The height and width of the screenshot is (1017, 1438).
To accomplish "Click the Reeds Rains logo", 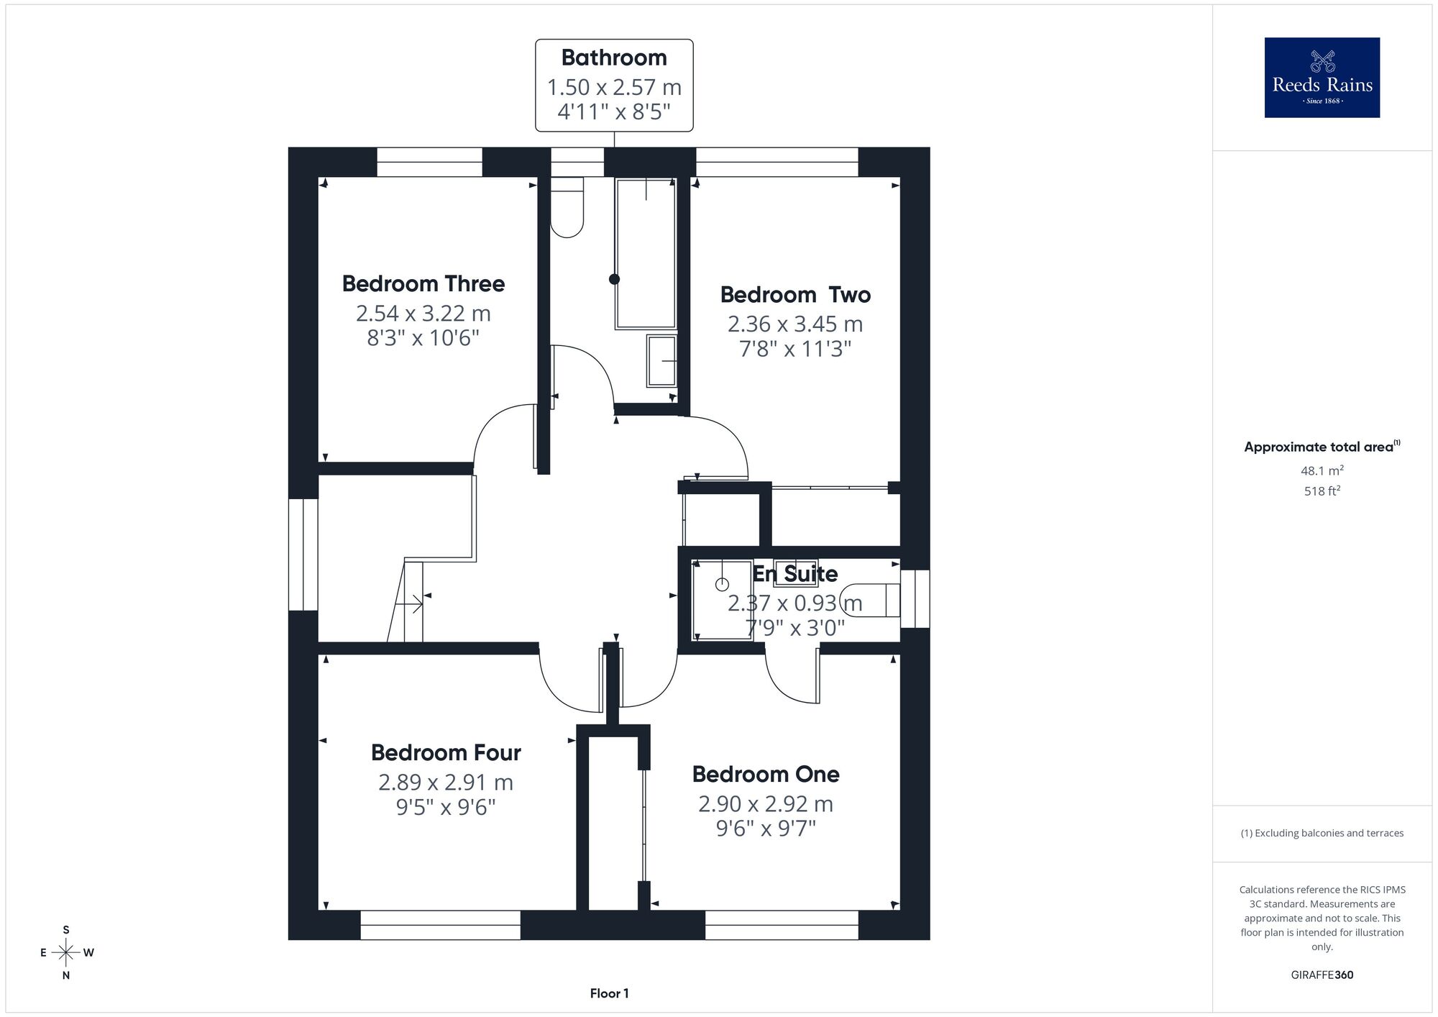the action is click(x=1322, y=78).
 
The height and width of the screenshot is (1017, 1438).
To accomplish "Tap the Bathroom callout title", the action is click(x=614, y=58).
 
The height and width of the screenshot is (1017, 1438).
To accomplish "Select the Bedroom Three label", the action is click(x=423, y=283).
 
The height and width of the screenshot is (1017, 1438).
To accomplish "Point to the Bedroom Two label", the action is click(x=795, y=295).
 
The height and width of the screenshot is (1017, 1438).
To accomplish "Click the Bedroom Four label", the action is click(x=446, y=752).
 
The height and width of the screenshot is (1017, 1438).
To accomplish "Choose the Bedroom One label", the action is click(x=766, y=774).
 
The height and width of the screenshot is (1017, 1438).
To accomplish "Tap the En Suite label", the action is click(x=795, y=573).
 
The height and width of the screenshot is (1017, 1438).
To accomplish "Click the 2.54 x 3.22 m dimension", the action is click(x=423, y=314).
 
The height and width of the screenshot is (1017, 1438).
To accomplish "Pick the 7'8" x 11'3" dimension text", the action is click(x=795, y=349).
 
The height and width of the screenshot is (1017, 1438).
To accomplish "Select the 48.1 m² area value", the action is click(x=1322, y=470).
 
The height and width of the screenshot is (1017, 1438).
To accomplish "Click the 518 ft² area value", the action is click(x=1322, y=491).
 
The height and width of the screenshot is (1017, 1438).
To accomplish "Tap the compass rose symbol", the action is click(x=66, y=953).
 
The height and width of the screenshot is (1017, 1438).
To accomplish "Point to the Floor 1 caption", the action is click(x=609, y=993).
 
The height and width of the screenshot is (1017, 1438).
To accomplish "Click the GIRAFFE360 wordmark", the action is click(x=1322, y=975).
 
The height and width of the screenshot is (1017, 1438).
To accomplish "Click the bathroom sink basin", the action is click(x=661, y=360).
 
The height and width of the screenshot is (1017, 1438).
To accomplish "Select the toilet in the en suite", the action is click(x=870, y=600).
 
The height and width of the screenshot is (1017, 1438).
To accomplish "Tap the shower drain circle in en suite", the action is click(x=722, y=584).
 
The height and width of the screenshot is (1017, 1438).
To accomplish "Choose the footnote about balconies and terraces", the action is click(x=1322, y=833).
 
